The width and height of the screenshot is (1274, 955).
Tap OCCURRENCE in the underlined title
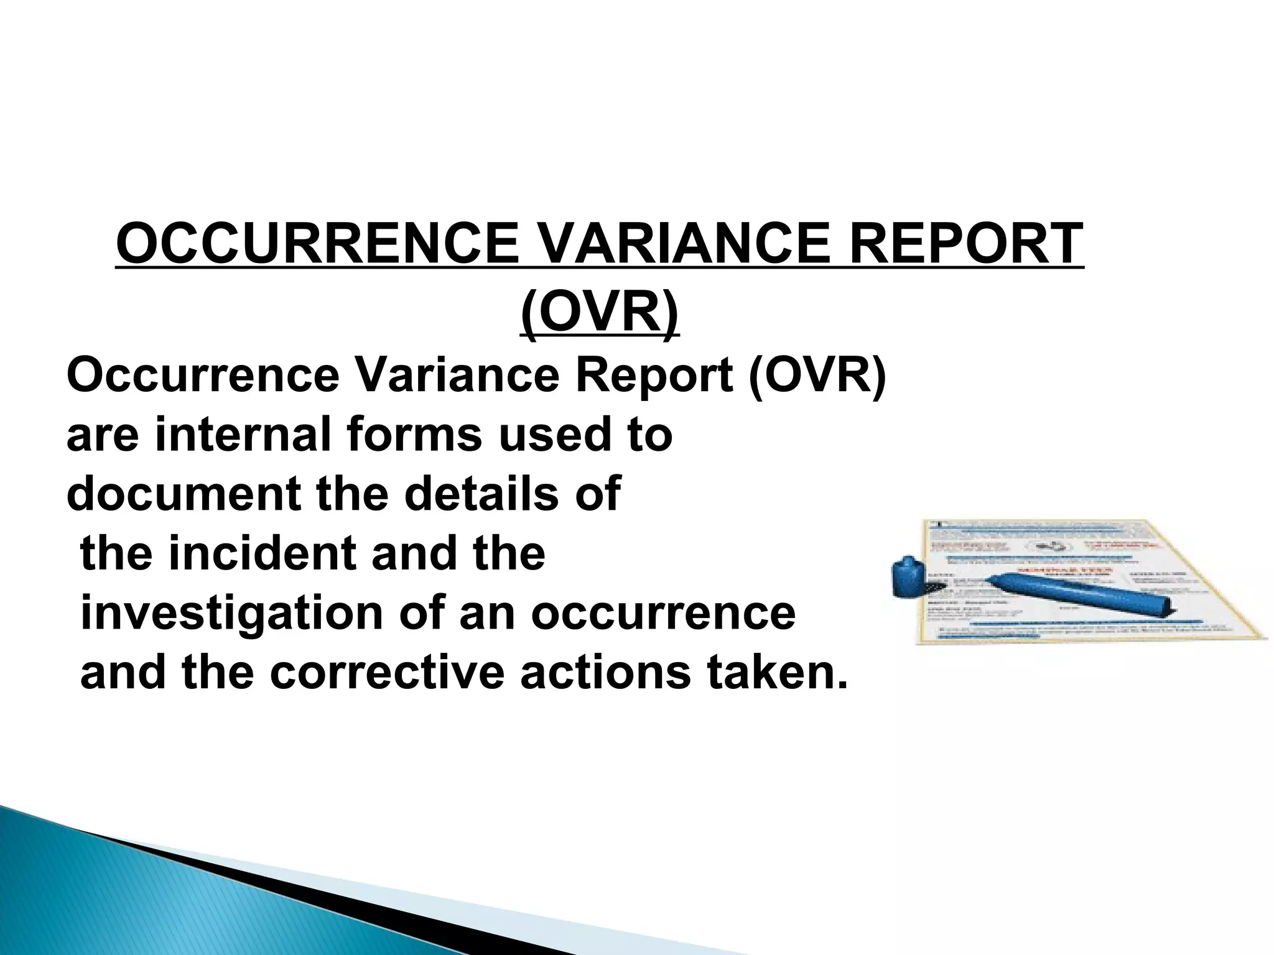317,244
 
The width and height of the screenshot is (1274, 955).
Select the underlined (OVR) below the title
599,311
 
